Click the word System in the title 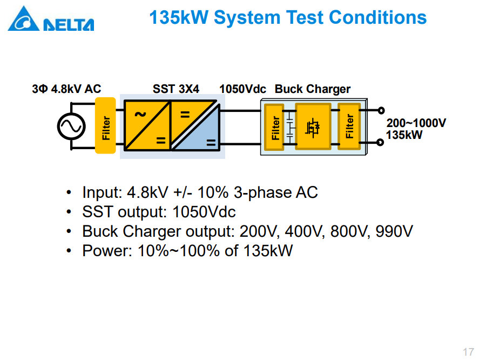[x=247, y=17]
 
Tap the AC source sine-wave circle [x=71, y=126]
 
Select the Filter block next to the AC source [x=105, y=125]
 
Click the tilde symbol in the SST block [x=140, y=115]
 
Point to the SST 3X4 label [x=176, y=89]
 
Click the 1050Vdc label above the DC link [x=242, y=89]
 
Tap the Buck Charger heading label [x=313, y=89]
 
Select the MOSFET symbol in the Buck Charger [x=313, y=127]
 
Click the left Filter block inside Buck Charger [x=274, y=127]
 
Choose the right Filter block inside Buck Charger [x=349, y=126]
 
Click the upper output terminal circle [x=381, y=110]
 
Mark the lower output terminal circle [x=380, y=142]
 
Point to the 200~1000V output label [x=416, y=123]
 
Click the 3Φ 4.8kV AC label [x=66, y=89]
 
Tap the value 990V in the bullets [x=394, y=231]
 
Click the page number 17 [x=468, y=352]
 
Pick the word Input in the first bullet [x=102, y=192]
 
